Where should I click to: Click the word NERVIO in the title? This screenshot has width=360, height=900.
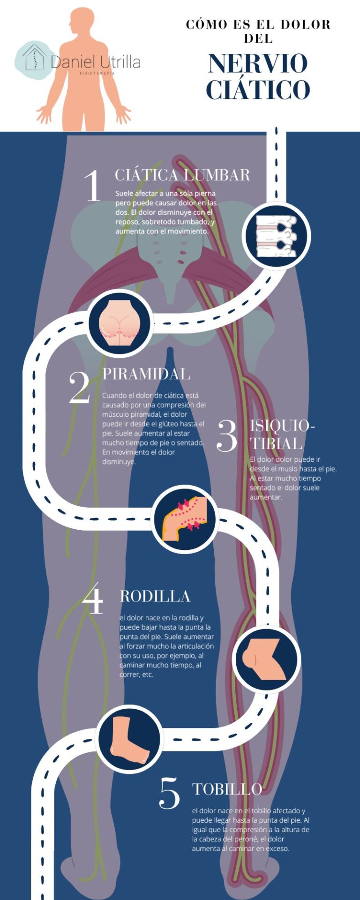coord(258,64)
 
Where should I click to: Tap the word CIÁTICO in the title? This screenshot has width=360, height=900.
coord(258,90)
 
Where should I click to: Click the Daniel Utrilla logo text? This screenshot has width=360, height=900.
coord(96,62)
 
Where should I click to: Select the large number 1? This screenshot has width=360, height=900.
coord(92,185)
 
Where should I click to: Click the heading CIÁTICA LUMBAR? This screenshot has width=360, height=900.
coord(182,175)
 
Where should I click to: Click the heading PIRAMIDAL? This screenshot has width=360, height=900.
coord(146,374)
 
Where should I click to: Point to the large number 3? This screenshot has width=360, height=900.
coord(227,435)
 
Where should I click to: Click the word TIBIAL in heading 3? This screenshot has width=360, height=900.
coord(276,443)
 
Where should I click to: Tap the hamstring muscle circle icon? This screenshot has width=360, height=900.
coord(185,519)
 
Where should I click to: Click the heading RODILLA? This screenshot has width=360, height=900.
coord(155,596)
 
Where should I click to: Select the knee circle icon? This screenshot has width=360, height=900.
coord(266,659)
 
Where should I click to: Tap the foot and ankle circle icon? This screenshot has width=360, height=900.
coord(129,739)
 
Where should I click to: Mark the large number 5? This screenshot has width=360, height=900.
coord(169,793)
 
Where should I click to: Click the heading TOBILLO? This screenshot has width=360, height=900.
coord(227,789)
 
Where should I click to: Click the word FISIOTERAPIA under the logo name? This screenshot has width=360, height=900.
coord(97,74)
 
